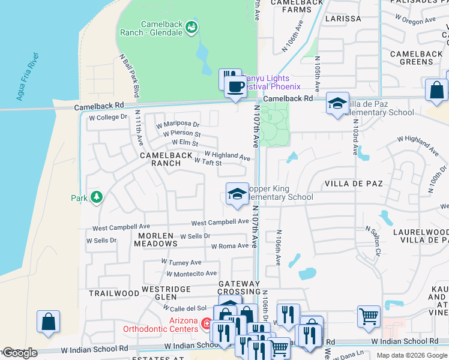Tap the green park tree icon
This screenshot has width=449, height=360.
click(96, 197)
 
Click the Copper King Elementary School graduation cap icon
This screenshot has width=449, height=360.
click(237, 194)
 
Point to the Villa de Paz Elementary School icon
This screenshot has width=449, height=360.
click(337, 103)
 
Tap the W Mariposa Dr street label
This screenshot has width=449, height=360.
click(178, 125)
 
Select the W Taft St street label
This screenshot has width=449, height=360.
click(208, 162)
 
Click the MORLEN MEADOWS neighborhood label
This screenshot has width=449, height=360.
click(155, 240)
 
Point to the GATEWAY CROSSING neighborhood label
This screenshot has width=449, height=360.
click(239, 287)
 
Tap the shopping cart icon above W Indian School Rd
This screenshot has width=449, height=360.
click(369, 316)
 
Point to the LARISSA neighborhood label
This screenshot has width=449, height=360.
click(343, 19)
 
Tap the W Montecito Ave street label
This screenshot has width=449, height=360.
click(191, 274)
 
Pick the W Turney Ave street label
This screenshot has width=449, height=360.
click(181, 262)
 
